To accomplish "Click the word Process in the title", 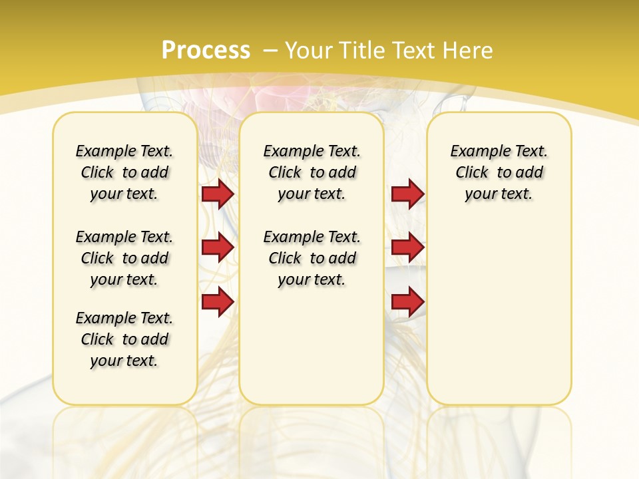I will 206,51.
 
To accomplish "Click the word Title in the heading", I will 361,51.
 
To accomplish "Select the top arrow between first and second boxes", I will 218,194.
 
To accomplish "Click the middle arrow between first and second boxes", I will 218,248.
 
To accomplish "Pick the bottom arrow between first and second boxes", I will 218,302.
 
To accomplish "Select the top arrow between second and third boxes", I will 407,194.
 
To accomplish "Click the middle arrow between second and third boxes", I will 407,248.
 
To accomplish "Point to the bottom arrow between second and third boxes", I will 407,302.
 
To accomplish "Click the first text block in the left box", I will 124,172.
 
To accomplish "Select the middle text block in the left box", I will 124,258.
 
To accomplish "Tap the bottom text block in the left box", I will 124,339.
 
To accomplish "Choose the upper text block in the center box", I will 312,172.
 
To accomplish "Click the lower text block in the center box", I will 312,258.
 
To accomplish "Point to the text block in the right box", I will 499,172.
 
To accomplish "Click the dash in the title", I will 270,51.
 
